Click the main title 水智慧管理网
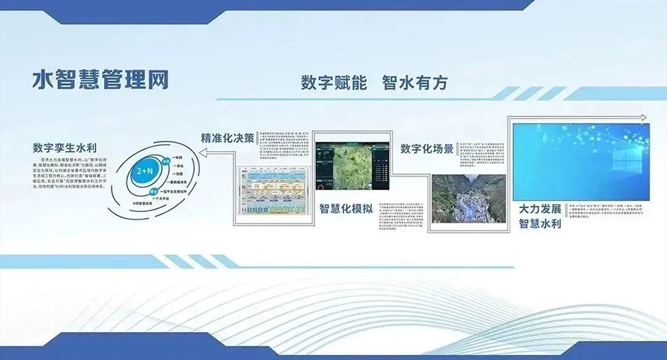(100, 79)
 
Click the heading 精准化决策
(227, 139)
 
